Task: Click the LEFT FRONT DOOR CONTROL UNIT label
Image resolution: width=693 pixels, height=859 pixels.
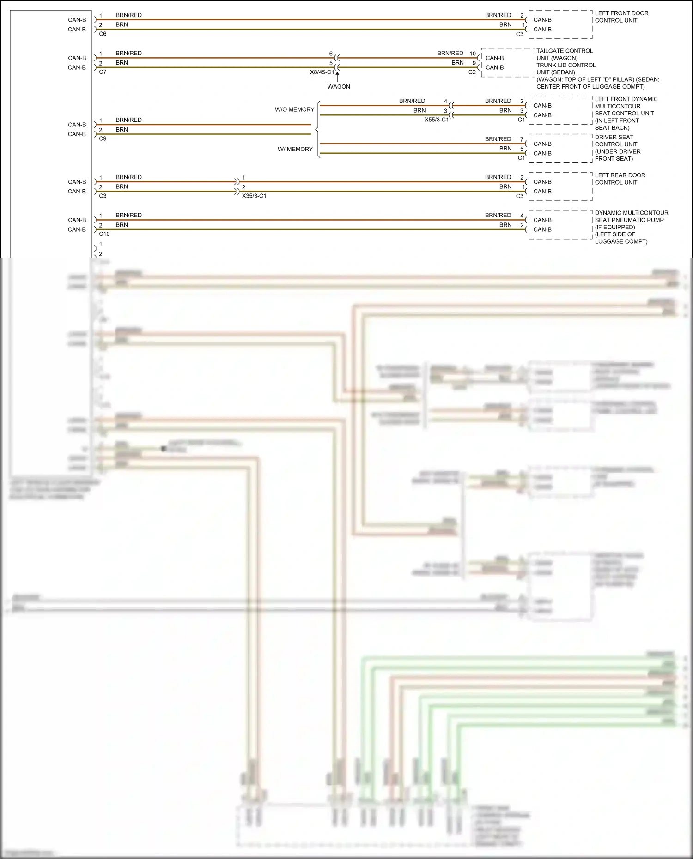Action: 621,17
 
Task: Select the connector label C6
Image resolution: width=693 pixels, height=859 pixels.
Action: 103,34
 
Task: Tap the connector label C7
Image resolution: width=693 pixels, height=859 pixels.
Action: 103,72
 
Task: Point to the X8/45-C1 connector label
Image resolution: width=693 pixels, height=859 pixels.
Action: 322,72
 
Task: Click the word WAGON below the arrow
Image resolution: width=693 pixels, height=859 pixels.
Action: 339,87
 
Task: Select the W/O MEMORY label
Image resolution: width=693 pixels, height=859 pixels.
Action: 294,109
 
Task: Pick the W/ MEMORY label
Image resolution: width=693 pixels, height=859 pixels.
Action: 295,149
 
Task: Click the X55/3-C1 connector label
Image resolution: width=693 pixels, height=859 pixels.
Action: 436,120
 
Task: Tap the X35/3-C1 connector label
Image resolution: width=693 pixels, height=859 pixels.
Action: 254,196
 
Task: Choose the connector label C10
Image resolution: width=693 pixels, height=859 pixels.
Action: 104,234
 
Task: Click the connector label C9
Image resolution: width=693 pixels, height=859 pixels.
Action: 103,138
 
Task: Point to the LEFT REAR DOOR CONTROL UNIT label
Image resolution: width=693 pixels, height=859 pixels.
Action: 620,179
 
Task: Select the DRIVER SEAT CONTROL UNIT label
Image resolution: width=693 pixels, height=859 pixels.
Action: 617,148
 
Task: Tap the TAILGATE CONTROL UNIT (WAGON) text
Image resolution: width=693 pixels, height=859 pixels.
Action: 564,54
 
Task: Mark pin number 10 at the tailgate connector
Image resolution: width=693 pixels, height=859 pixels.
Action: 473,54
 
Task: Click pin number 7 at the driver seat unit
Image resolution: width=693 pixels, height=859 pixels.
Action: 522,139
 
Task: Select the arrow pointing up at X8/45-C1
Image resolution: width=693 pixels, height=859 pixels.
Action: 337,74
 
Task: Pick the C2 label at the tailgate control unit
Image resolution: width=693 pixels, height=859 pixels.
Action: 472,72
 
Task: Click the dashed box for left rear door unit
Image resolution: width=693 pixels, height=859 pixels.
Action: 560,186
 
